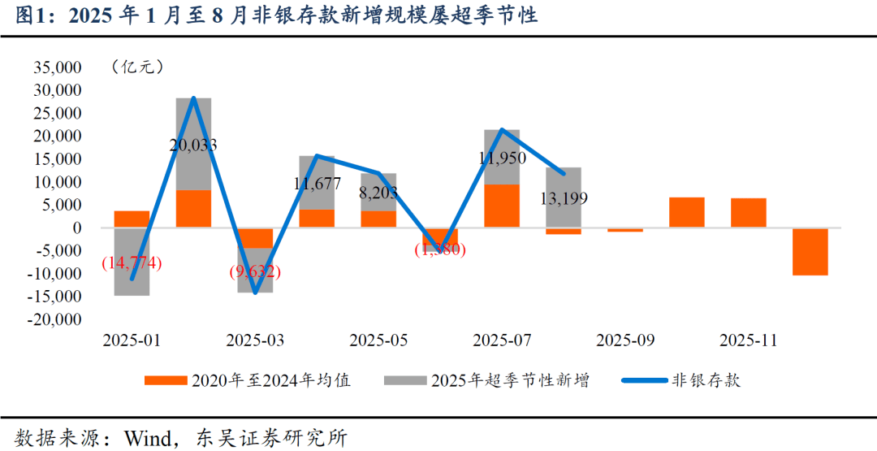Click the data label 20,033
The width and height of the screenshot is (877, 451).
click(x=193, y=145)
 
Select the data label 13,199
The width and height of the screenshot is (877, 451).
click(x=563, y=198)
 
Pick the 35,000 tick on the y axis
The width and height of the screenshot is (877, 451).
click(x=58, y=67)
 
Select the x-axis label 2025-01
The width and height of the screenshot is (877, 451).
click(x=131, y=340)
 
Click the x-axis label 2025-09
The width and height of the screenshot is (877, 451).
click(x=624, y=340)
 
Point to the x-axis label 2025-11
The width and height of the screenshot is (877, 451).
click(x=748, y=340)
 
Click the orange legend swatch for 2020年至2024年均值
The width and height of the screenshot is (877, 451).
click(x=165, y=380)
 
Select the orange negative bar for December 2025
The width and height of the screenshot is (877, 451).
click(x=810, y=252)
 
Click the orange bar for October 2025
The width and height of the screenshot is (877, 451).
click(x=686, y=213)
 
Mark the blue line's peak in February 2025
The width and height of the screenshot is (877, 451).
click(x=193, y=98)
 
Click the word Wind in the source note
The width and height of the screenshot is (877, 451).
click(x=150, y=438)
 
